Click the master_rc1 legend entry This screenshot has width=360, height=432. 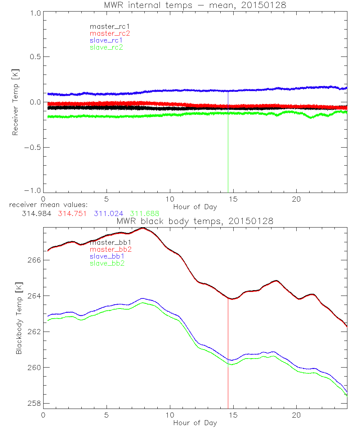(106, 27)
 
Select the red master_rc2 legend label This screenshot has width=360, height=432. (110, 33)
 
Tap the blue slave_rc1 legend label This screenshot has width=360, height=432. (106, 40)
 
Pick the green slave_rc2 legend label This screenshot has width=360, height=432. (106, 47)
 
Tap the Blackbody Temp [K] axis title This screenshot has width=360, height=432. (18, 317)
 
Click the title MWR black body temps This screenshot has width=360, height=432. (195, 221)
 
